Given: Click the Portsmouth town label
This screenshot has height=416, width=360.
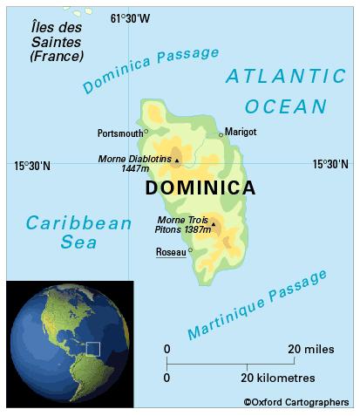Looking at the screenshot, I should point(119,133).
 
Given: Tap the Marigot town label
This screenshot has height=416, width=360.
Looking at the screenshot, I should point(241,131).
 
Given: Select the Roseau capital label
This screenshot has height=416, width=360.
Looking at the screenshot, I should point(170,252).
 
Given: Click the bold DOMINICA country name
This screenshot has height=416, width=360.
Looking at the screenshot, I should point(200,188).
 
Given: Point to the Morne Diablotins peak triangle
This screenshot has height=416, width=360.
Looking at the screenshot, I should point(176,160).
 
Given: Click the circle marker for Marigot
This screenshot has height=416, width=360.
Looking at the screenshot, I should point(221,134).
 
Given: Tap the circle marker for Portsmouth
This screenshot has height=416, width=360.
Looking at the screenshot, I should point(146,132).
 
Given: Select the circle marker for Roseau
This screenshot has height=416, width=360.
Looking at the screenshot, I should point(189,251).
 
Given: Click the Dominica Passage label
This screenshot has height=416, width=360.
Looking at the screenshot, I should point(150,70).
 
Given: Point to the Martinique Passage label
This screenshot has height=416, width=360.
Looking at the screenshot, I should point(258,304).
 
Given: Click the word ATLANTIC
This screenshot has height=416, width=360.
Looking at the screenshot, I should point(285,77).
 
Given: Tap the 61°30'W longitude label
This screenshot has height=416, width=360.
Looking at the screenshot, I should point(130,18).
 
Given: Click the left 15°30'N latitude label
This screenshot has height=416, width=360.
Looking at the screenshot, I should point(32,164).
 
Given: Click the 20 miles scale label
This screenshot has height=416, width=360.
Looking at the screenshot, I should point(309,350).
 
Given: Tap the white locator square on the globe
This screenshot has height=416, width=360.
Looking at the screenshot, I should point(93,349).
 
